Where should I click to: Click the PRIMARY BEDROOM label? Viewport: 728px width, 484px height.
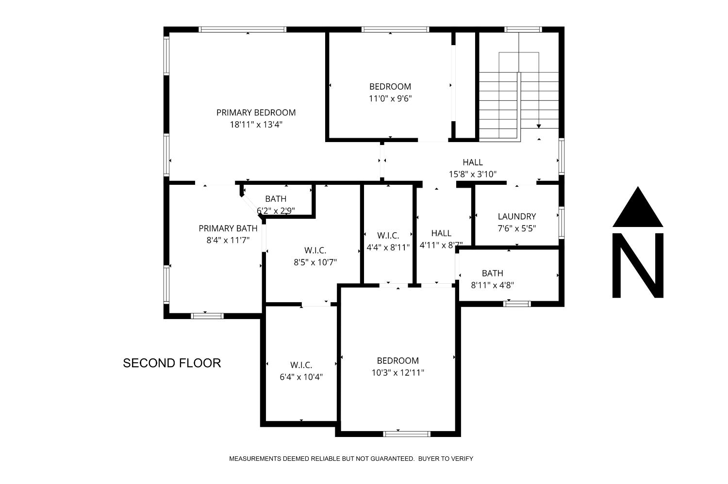(256, 113)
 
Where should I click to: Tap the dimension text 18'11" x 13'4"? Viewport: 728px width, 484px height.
(256, 125)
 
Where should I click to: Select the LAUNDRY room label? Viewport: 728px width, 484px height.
(516, 216)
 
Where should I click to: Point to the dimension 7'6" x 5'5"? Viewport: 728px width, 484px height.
(516, 228)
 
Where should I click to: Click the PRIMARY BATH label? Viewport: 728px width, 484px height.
(228, 228)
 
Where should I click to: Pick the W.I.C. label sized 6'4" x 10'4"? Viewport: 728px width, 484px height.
(301, 365)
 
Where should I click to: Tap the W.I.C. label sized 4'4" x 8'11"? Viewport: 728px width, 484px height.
(388, 235)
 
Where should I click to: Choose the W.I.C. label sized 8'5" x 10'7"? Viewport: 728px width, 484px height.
(315, 250)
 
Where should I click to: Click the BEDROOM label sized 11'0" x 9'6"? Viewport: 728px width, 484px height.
(390, 87)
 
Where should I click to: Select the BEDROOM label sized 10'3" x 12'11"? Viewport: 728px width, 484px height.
(397, 361)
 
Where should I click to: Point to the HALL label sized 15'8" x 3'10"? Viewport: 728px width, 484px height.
(472, 162)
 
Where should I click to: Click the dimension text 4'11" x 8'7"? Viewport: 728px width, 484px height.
(441, 245)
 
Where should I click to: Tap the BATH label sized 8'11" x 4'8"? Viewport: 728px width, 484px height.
(492, 273)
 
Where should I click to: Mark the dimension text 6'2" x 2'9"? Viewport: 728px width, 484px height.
(276, 210)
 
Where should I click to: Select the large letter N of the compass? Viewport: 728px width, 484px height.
(638, 265)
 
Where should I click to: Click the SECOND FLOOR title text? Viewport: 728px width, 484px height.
(172, 363)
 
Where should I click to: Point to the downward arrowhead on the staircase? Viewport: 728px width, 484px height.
(539, 126)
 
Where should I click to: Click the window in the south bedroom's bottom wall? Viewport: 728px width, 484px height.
(407, 433)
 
